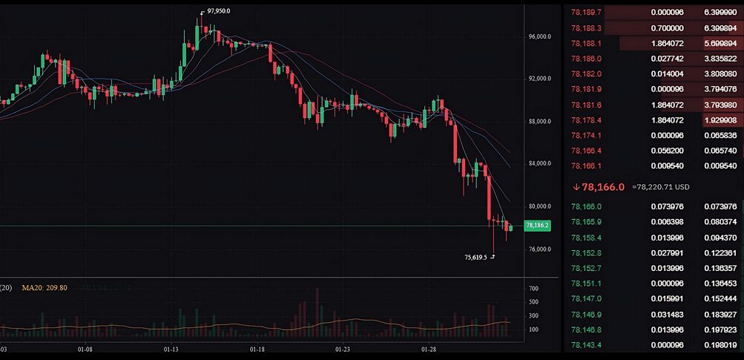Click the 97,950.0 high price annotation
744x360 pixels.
point(219,11)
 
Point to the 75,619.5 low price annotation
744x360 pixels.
point(475,258)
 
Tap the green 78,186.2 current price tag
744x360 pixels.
point(536,225)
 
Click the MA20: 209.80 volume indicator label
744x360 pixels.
point(45,287)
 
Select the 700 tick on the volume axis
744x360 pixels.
point(513,288)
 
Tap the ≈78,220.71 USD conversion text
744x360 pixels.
point(661,187)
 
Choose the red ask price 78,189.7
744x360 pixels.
point(587,13)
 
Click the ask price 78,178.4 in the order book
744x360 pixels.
point(587,120)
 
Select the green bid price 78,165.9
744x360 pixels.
point(587,222)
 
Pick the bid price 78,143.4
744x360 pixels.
point(587,345)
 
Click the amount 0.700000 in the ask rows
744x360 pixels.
point(667,28)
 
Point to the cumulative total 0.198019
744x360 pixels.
point(720,345)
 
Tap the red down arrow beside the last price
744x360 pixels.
point(576,187)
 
